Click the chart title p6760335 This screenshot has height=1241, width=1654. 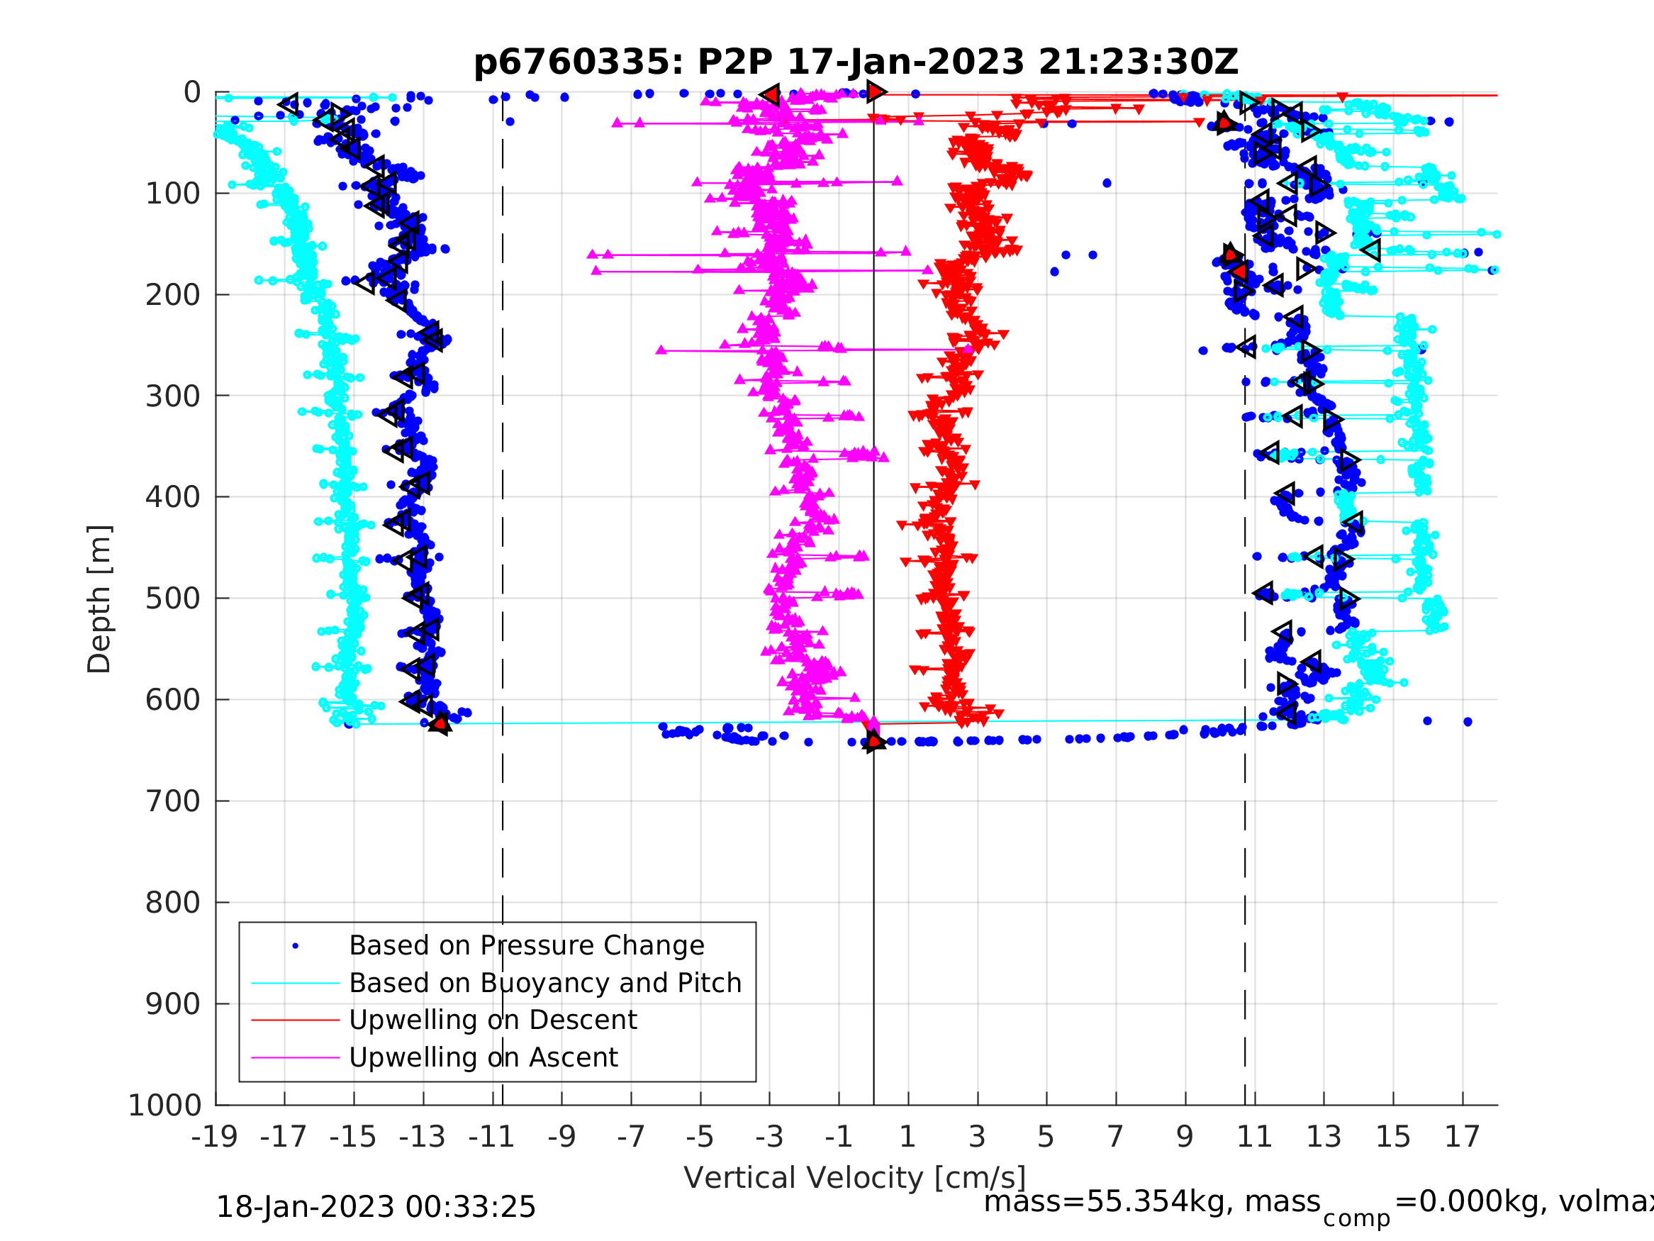coord(856,62)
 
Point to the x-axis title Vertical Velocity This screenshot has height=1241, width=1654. coord(855,1177)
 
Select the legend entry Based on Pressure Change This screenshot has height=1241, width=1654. coord(527,945)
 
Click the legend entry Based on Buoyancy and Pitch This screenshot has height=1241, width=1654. coord(545,983)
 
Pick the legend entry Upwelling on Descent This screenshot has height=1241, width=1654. coord(493,1020)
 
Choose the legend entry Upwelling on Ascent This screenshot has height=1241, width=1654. coord(483,1057)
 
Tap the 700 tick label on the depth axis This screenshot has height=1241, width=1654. coord(173,801)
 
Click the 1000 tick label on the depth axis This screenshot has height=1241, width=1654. coord(164,1105)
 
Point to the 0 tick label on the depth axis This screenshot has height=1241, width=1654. coord(192,93)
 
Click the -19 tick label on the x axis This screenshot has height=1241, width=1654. coord(215,1137)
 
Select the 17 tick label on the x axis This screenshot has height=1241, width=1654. coord(1463,1137)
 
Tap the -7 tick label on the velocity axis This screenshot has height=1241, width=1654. coord(630,1137)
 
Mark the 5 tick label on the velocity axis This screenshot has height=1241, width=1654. coord(1046,1137)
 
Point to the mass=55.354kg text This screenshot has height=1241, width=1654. coord(1151,1202)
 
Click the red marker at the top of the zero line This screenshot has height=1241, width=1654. coord(876,92)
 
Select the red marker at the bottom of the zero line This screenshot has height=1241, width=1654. coord(873,740)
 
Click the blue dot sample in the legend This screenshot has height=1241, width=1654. coord(296,946)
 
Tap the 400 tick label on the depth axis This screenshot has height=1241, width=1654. coord(173,496)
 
